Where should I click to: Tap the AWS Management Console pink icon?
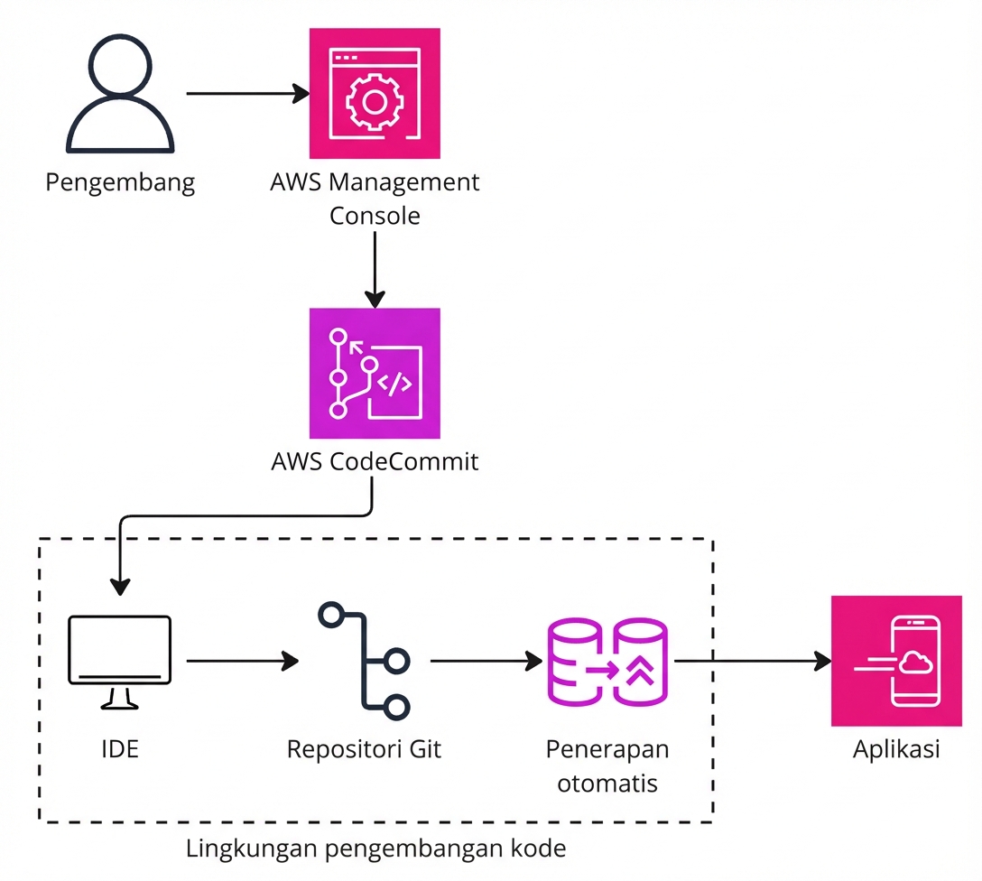coord(375,93)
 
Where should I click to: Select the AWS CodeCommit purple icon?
coord(375,373)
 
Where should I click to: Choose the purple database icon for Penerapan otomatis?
coord(607,662)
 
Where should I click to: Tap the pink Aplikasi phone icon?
coord(896,662)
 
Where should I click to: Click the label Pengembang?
coord(120,183)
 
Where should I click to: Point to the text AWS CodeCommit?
coord(375,462)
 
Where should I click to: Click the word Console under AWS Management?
coord(375,217)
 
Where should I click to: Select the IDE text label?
coord(119,749)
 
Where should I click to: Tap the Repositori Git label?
coord(365,749)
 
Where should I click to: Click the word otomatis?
coord(607,783)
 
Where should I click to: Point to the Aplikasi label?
coord(896,749)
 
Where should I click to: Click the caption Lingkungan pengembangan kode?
coord(375,849)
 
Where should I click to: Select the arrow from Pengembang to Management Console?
coord(244,93)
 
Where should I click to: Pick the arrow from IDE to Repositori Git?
coord(239,662)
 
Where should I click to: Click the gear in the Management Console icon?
coord(374,101)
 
